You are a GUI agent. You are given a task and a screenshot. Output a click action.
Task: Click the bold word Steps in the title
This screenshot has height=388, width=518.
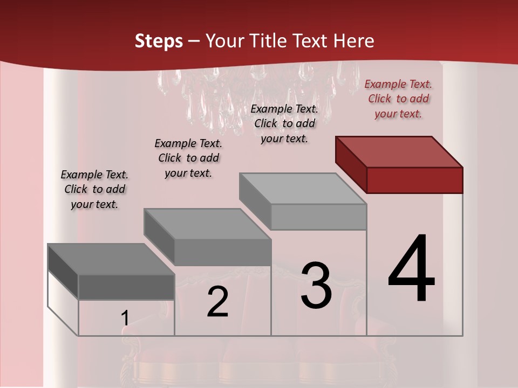[x=159, y=41]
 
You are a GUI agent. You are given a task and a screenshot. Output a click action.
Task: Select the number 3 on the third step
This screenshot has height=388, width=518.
[x=316, y=286]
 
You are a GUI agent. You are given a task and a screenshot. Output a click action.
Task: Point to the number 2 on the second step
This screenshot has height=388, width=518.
[x=218, y=302]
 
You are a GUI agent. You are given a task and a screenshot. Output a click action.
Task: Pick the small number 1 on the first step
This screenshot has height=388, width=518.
[x=125, y=318]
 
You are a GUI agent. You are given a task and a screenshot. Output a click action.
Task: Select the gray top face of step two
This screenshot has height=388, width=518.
[x=207, y=224]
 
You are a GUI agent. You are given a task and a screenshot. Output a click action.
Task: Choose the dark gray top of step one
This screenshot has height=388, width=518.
[x=111, y=259]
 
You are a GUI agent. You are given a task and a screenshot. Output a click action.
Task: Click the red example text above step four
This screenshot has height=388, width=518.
[x=398, y=99]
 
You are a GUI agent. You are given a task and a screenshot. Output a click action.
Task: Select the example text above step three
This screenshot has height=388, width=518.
[x=284, y=123]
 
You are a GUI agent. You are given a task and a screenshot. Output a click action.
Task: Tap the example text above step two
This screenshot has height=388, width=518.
[x=188, y=158]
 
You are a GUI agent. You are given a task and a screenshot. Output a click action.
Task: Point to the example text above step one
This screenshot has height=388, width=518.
[x=94, y=189]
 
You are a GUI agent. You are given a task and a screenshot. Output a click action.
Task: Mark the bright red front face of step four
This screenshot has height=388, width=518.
[x=414, y=180]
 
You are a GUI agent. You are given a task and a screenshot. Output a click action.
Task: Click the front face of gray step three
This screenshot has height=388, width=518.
[x=318, y=217]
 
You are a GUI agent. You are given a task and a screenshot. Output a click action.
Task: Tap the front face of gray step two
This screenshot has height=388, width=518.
[x=222, y=252]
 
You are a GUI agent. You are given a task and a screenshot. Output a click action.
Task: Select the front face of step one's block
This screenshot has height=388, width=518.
[x=126, y=287]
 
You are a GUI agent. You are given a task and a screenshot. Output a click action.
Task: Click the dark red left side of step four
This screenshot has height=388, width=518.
[x=351, y=164]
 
